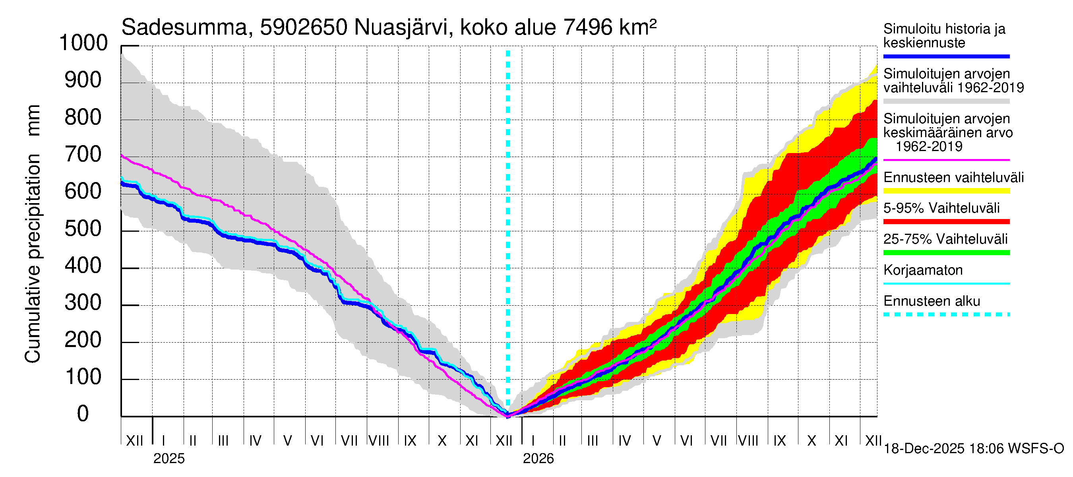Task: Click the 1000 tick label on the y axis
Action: pyautogui.click(x=83, y=43)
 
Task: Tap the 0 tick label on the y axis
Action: pyautogui.click(x=83, y=414)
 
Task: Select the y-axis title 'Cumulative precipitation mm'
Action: pyautogui.click(x=33, y=233)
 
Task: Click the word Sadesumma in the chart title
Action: pyautogui.click(x=184, y=27)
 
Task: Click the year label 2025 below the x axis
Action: pyautogui.click(x=169, y=459)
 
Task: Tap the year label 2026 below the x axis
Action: pyautogui.click(x=538, y=459)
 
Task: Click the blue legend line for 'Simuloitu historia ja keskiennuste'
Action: pyautogui.click(x=946, y=56)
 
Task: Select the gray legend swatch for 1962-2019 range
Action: pyautogui.click(x=946, y=101)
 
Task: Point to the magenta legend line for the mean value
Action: pyautogui.click(x=946, y=160)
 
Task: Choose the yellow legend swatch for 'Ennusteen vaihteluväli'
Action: pyautogui.click(x=946, y=191)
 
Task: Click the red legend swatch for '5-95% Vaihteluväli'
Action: pyautogui.click(x=946, y=222)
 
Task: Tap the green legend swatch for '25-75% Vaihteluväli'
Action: pyautogui.click(x=946, y=252)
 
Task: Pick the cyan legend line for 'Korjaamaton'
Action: pyautogui.click(x=946, y=284)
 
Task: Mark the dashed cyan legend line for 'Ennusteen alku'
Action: pyautogui.click(x=946, y=314)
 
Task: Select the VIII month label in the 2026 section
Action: pyautogui.click(x=748, y=441)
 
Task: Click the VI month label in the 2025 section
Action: pyautogui.click(x=317, y=441)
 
